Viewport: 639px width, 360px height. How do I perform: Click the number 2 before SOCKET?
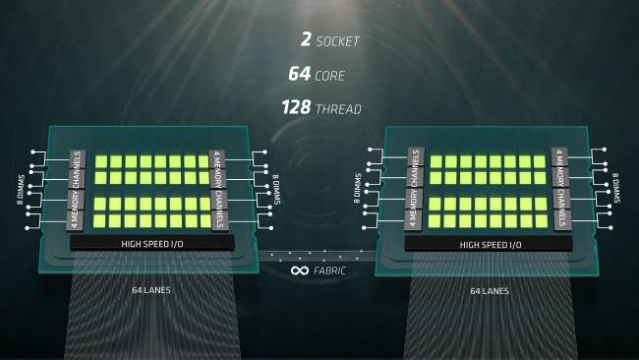click(307, 41)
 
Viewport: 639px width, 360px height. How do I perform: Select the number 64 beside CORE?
click(300, 74)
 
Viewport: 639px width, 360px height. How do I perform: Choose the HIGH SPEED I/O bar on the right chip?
click(488, 243)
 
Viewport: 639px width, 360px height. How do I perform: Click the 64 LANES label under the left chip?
click(149, 291)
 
